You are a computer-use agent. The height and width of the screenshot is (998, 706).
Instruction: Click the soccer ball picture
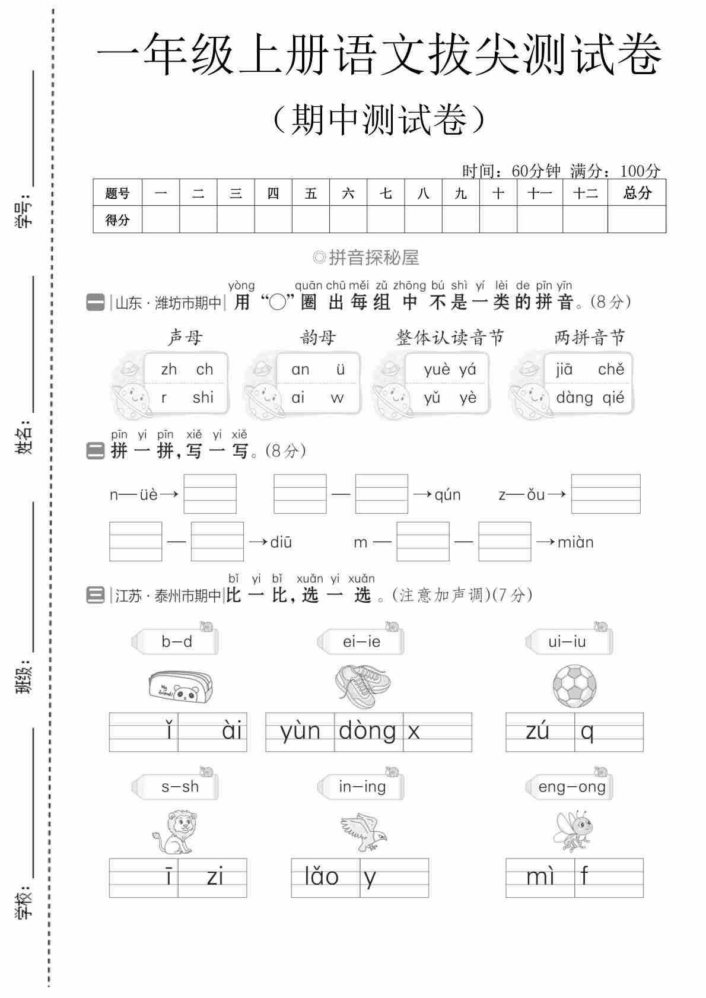point(574,686)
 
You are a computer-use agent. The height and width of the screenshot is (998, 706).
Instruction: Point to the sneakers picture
point(362,686)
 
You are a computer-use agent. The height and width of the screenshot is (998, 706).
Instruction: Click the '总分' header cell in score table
point(637,193)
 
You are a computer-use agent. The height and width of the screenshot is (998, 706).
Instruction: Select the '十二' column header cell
point(585,193)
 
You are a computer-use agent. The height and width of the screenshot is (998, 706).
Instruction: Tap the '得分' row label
point(117,220)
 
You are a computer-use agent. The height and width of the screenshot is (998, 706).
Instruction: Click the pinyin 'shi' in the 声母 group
point(203,398)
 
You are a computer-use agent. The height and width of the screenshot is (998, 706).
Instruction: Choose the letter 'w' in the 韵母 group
point(337,398)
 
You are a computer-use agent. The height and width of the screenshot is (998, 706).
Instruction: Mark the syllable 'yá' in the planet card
point(468,370)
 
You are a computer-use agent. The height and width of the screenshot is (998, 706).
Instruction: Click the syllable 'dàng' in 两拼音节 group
point(574,398)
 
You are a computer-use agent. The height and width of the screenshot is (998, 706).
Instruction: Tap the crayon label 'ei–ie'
point(361,641)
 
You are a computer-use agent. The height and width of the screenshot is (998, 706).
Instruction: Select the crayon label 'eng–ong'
point(571,787)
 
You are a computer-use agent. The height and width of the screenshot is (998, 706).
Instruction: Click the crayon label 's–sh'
point(180,787)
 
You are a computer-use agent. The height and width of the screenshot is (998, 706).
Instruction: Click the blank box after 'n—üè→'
point(210,494)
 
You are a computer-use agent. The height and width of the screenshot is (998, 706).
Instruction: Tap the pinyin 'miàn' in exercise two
point(575,542)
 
